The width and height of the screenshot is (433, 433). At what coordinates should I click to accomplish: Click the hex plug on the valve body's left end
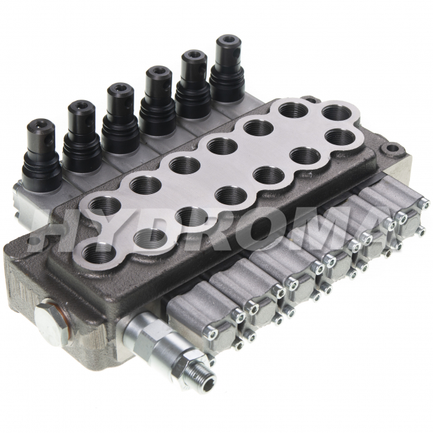point(51,323)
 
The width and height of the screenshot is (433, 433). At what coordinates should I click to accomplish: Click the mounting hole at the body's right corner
point(390,150)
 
